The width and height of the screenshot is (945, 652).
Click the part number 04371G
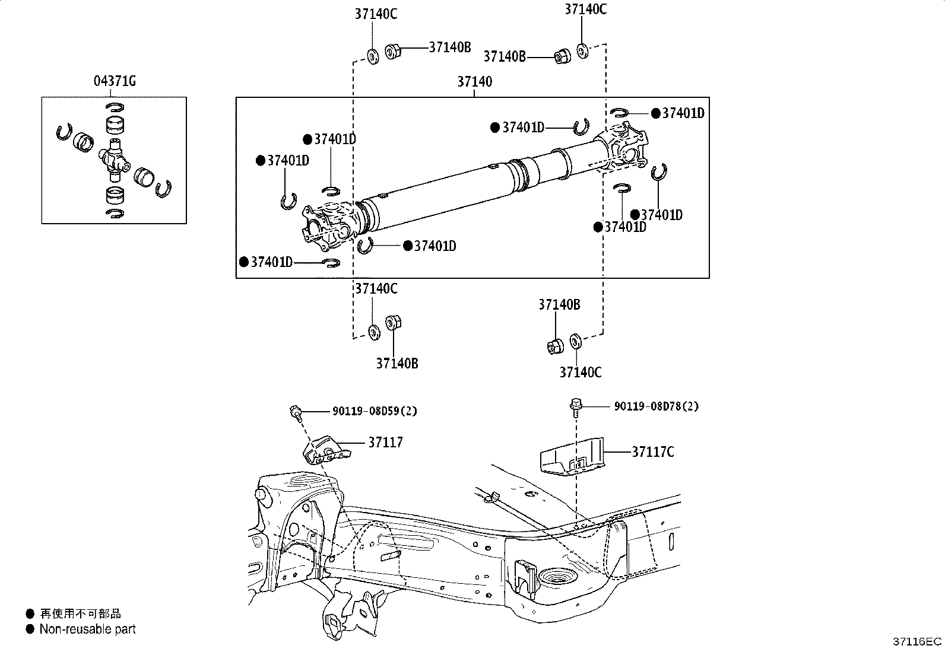[114, 81]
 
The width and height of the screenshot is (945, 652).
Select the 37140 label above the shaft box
[474, 81]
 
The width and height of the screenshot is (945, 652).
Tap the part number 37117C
[652, 451]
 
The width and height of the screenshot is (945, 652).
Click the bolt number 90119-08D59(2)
[374, 411]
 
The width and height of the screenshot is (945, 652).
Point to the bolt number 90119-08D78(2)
[656, 406]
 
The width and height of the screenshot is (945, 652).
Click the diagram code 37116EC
[918, 641]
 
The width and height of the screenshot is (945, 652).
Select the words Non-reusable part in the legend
[87, 629]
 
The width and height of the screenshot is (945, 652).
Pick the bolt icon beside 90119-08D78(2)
[575, 405]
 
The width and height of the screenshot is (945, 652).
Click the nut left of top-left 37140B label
[392, 52]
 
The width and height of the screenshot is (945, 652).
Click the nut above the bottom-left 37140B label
[392, 323]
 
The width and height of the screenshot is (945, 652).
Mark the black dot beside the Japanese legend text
[30, 614]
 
